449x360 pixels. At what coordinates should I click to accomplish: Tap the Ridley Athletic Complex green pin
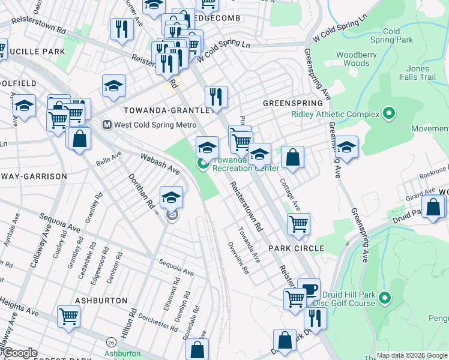tap(389, 113)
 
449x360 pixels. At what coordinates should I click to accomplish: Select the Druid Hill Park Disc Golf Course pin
tap(385, 297)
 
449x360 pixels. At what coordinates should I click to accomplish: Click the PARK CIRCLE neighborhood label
tap(296, 248)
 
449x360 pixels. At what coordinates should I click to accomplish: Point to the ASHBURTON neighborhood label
tap(101, 300)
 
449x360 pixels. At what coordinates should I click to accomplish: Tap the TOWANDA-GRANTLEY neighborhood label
tap(167, 111)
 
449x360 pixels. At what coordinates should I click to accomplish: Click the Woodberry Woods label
tap(352, 59)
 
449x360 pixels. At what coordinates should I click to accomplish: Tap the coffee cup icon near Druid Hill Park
tap(309, 289)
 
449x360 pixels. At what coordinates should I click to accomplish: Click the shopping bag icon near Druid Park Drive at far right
tap(433, 207)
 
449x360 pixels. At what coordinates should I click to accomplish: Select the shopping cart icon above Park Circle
tap(298, 224)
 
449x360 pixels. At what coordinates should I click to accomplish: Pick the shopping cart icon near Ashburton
tap(69, 316)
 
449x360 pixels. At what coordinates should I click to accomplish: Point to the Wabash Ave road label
tap(160, 163)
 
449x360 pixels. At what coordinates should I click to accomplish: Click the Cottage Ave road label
tap(291, 195)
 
